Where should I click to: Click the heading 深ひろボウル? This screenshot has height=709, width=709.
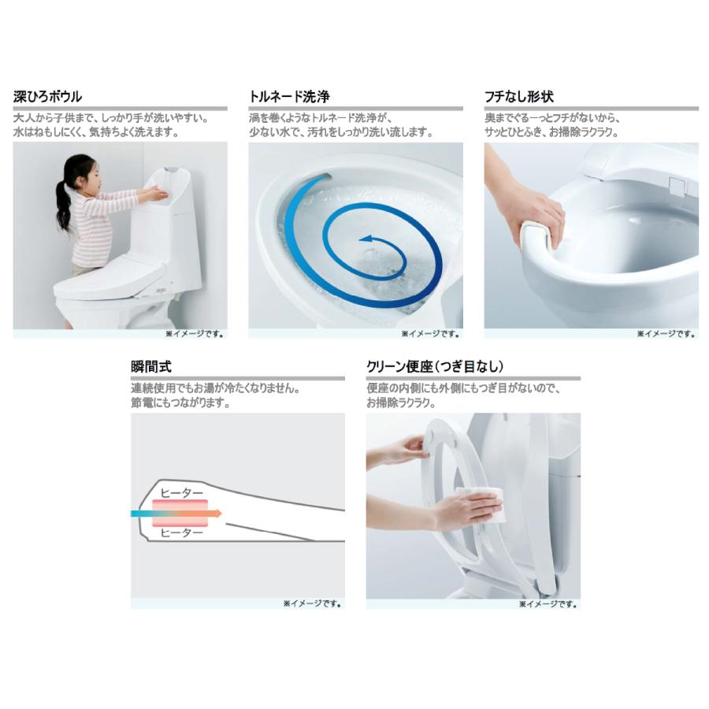(x=47, y=96)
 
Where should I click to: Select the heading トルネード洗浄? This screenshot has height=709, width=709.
(x=289, y=96)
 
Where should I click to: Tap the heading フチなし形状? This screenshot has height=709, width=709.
(x=519, y=96)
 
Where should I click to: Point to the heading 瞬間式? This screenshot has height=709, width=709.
(x=151, y=366)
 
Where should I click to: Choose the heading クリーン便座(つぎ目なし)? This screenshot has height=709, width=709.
(x=435, y=366)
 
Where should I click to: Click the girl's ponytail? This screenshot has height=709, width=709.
(x=63, y=203)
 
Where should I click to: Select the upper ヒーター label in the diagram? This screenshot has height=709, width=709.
(x=182, y=493)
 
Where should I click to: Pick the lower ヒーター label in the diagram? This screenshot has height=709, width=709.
(x=182, y=533)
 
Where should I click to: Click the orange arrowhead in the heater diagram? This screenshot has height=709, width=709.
(x=218, y=513)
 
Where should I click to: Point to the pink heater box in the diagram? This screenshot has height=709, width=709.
(x=180, y=513)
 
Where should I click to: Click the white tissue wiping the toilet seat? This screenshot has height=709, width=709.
(x=481, y=505)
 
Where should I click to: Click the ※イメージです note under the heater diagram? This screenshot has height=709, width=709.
(x=312, y=603)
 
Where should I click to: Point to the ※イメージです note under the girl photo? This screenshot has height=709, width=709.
(x=195, y=334)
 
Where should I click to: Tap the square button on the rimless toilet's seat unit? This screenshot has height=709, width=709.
(x=677, y=186)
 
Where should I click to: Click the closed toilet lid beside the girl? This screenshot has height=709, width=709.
(x=109, y=277)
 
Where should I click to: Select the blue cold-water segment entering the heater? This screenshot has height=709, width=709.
(x=142, y=513)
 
